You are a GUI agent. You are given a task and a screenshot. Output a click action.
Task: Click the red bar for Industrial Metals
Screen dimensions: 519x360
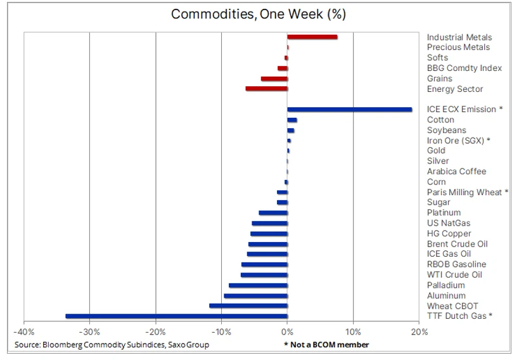click(312, 37)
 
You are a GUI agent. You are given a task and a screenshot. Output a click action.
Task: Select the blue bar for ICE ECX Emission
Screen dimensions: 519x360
click(350, 110)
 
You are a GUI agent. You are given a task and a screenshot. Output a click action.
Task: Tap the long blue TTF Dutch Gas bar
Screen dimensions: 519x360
click(176, 316)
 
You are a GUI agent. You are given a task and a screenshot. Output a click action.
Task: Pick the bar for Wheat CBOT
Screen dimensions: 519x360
click(248, 305)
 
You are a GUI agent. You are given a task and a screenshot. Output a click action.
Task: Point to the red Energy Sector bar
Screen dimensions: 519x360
click(266, 89)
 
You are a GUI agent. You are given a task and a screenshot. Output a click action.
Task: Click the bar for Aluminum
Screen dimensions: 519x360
click(255, 296)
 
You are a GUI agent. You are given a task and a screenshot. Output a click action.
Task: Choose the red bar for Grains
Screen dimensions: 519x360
click(274, 79)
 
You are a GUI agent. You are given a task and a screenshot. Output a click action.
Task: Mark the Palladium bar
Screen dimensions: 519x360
click(258, 285)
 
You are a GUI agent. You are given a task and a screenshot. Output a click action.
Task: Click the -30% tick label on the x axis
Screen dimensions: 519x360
click(90, 331)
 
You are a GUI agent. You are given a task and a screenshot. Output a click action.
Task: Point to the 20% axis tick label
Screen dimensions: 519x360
click(419, 331)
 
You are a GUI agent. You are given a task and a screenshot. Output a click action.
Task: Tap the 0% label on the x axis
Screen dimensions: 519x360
click(287, 331)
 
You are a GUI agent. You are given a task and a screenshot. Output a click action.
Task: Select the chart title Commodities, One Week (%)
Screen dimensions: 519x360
click(258, 14)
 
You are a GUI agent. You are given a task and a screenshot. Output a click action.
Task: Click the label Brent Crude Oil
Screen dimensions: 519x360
click(457, 244)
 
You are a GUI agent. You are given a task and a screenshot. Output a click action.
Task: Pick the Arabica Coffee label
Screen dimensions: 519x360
click(456, 171)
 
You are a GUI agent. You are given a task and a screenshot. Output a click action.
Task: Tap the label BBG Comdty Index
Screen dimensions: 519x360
click(465, 68)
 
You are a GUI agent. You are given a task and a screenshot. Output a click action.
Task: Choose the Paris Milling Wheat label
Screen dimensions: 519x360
click(465, 193)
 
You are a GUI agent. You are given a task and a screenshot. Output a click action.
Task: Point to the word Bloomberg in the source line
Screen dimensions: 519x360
click(63, 345)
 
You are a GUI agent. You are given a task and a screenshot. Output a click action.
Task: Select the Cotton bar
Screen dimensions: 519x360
click(292, 120)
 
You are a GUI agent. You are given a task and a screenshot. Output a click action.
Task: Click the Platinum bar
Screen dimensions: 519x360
click(273, 213)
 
